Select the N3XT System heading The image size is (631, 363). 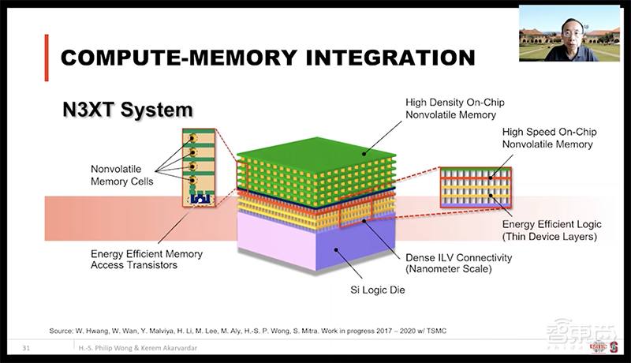pyautogui.click(x=128, y=108)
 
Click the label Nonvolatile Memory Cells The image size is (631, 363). pyautogui.click(x=121, y=175)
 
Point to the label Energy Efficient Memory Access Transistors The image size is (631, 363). pyautogui.click(x=147, y=260)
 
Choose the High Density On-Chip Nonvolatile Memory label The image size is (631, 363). pyautogui.click(x=455, y=108)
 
